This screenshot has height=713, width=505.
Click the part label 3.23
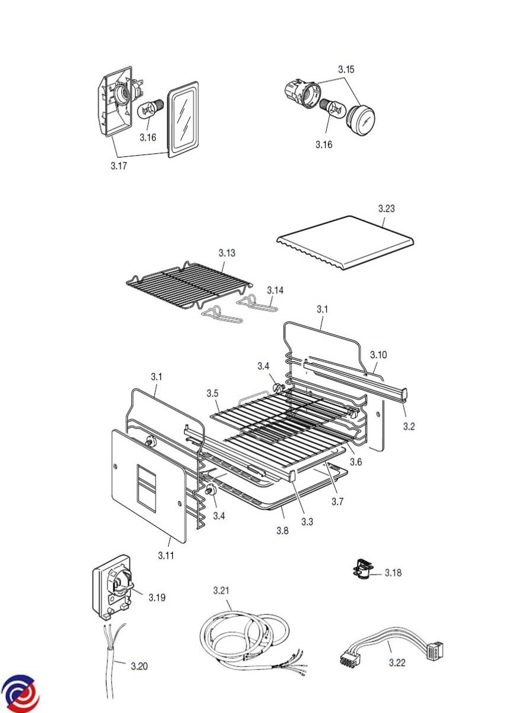coord(386,209)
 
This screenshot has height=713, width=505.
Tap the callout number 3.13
coord(226,253)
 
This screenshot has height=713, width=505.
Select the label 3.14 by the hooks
coord(275,290)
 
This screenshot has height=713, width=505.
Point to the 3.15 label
coord(346,70)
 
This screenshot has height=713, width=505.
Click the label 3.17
coord(118,166)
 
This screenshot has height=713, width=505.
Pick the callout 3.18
coord(393,573)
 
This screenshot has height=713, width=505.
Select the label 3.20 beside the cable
coord(139,665)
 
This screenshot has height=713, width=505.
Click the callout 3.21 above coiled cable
coord(221,591)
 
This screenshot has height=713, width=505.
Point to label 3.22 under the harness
coord(397,663)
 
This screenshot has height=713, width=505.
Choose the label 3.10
coord(378,355)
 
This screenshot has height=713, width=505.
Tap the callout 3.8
coord(282,531)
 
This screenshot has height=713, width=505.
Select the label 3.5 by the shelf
coord(213,393)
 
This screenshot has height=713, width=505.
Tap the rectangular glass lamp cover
coord(183,119)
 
